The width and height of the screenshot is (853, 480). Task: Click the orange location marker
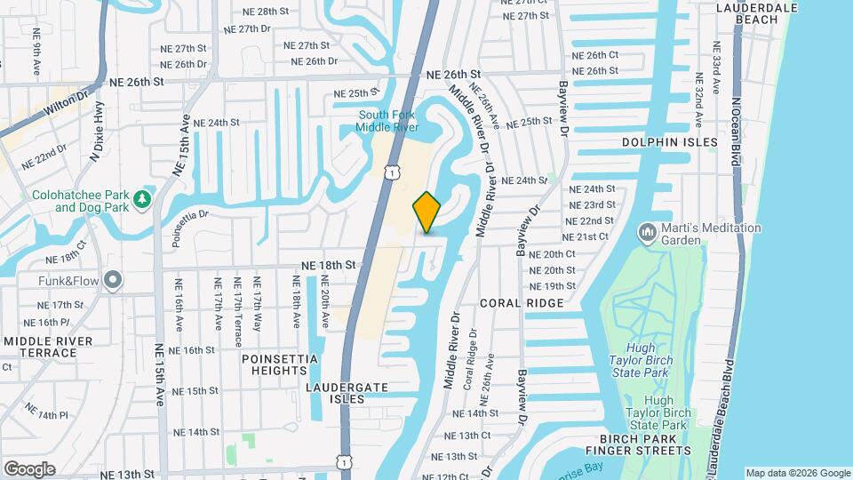point(427,212)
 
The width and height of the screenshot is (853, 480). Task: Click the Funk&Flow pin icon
point(113,281)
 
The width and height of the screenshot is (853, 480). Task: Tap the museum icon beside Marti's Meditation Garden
point(648,233)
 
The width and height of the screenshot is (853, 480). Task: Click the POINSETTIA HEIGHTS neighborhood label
point(280,364)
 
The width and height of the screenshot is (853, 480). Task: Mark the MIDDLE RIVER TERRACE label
point(48,347)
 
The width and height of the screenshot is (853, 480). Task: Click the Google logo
point(29,468)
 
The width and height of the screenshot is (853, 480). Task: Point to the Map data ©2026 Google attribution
point(797,473)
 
